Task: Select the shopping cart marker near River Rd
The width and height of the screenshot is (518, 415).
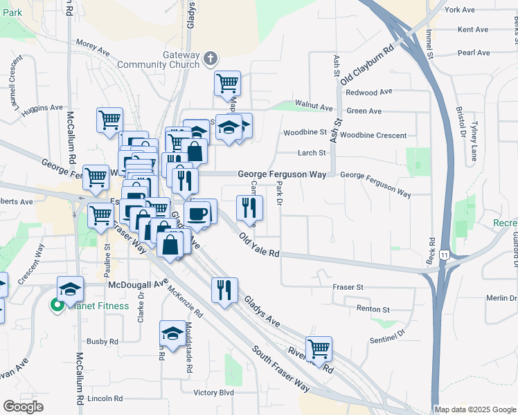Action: point(319,349)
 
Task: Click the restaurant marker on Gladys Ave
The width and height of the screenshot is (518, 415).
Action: point(224,290)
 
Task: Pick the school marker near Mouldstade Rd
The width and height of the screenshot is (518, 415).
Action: point(172,333)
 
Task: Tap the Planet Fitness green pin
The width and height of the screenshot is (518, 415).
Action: point(55,305)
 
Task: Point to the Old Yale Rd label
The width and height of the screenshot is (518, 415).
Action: point(258,246)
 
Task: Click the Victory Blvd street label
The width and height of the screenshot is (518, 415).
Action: point(214,392)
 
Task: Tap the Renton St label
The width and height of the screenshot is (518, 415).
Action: point(373,309)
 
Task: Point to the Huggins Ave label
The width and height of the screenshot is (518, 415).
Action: point(42,109)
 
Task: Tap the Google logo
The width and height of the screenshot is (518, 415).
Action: point(23,407)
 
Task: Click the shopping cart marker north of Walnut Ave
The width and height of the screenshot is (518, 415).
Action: point(227,84)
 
